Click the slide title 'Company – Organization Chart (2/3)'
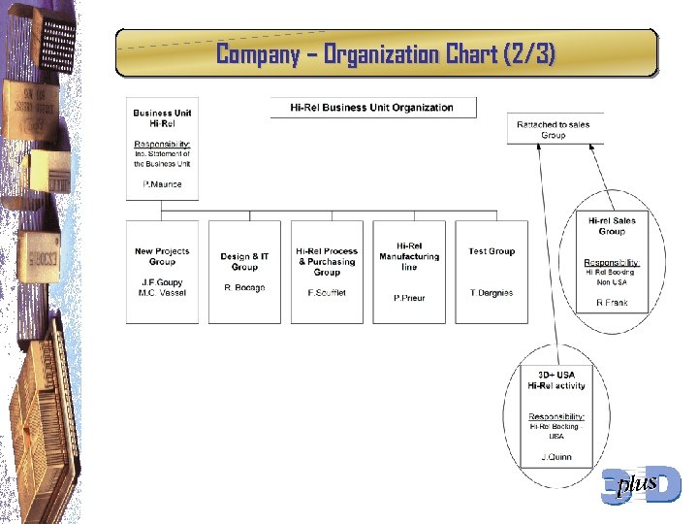(x=386, y=54)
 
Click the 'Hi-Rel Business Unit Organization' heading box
(x=372, y=107)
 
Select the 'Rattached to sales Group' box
(x=554, y=130)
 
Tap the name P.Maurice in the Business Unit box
(x=162, y=184)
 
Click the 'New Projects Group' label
(x=162, y=256)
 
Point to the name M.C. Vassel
(x=162, y=293)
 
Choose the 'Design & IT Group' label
(x=244, y=262)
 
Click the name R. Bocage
(x=244, y=288)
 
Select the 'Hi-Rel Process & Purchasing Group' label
(x=327, y=262)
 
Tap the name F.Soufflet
(x=327, y=293)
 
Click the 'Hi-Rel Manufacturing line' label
(x=409, y=256)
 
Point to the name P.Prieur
(x=409, y=298)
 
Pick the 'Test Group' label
(x=492, y=251)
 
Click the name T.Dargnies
(x=492, y=293)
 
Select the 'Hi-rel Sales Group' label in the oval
(x=612, y=226)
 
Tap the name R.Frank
(x=612, y=303)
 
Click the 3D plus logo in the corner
(x=641, y=484)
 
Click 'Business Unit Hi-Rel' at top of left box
(x=162, y=118)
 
